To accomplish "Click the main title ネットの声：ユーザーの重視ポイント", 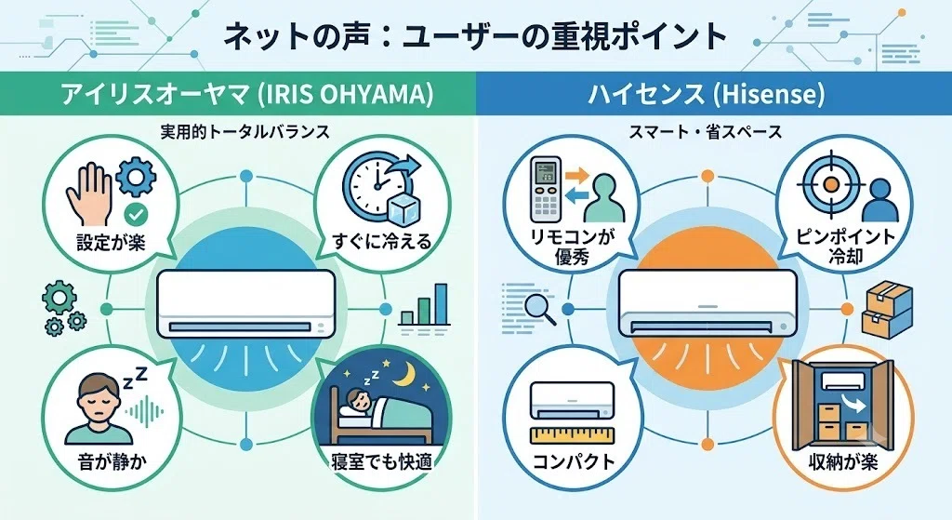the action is [x=475, y=36].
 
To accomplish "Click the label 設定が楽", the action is [x=112, y=242].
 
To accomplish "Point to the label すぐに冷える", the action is [x=382, y=241].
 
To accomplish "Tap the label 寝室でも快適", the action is [x=382, y=462].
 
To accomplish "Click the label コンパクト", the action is [x=574, y=461].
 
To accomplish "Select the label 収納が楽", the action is [x=843, y=461].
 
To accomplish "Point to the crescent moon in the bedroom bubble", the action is [x=403, y=374].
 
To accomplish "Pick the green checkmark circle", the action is [x=135, y=214].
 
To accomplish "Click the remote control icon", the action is [x=546, y=190].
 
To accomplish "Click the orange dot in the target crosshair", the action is [x=831, y=183].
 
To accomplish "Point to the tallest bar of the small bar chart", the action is [x=442, y=304].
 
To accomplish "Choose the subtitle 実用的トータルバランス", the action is [x=245, y=132].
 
